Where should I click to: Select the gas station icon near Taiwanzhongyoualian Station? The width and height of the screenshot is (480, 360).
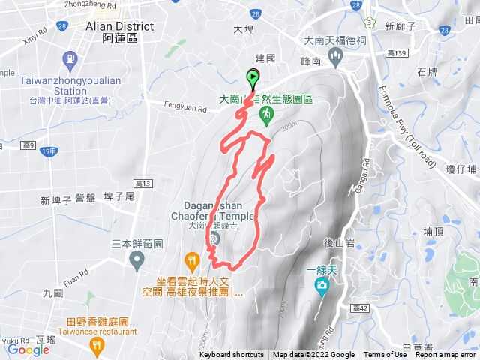[70, 58]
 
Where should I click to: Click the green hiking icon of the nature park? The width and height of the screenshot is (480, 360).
[265, 114]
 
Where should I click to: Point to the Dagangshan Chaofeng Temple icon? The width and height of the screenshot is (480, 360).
[214, 239]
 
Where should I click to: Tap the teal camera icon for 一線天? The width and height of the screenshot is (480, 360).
[322, 284]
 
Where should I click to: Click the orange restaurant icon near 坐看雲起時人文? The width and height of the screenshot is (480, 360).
[193, 261]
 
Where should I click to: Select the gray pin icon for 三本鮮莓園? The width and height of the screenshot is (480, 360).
[136, 260]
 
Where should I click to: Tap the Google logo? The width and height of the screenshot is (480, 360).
[28, 349]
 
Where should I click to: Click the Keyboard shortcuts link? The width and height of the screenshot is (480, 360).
[232, 355]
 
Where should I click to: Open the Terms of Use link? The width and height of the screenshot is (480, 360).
[385, 355]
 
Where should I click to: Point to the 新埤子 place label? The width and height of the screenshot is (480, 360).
[55, 200]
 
